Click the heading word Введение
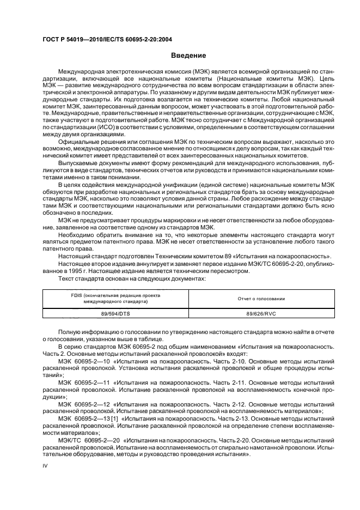(188, 56)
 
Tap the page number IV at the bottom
(46, 466)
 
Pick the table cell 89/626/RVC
(261, 313)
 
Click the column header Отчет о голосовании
(261, 298)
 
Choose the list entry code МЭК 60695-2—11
(84, 383)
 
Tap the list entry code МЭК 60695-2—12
(84, 405)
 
